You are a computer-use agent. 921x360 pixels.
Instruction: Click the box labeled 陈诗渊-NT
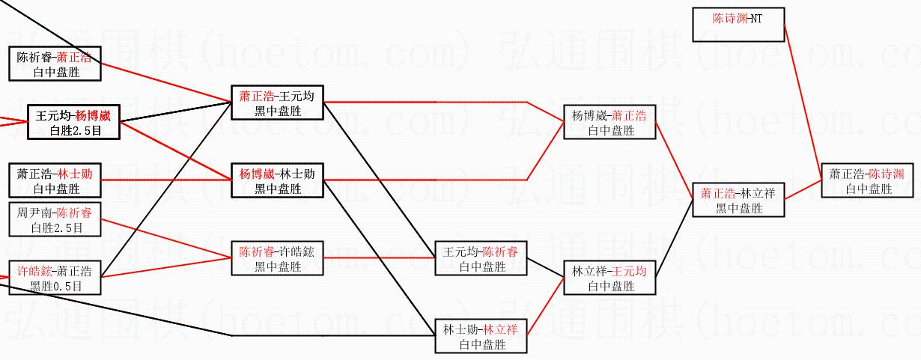738,25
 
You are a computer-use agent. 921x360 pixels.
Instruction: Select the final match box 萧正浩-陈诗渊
868,180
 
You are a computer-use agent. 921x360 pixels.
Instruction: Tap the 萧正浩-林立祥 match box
738,200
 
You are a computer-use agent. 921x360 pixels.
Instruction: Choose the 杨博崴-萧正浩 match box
610,122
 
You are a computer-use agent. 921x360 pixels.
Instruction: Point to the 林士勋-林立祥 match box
481,336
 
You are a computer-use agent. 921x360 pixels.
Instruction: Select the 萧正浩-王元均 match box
277,103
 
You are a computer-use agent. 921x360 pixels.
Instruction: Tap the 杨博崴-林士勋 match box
277,180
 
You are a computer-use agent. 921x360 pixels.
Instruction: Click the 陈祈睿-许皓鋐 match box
277,258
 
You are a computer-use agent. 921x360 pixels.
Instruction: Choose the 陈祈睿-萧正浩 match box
55,64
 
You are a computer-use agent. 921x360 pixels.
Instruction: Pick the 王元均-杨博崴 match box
73,122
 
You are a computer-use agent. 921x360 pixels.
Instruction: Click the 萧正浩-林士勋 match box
55,180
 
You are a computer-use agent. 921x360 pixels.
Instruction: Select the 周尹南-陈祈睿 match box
55,219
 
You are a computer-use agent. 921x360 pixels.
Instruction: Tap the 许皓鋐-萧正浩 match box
55,278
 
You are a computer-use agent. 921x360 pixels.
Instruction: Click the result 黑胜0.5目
55,286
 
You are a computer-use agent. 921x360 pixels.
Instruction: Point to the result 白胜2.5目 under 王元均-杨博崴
74,130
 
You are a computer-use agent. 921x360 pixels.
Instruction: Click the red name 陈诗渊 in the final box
887,174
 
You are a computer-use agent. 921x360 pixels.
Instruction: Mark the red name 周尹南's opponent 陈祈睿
73,213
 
